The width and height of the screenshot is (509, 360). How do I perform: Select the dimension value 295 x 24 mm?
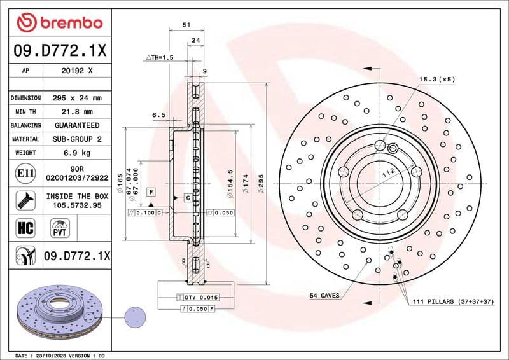pos(76,99)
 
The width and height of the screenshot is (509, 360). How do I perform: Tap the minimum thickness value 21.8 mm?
pos(76,112)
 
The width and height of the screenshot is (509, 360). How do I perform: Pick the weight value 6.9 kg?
pos(76,153)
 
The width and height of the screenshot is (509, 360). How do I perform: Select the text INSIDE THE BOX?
pos(76,197)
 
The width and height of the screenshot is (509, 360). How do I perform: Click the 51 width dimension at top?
pos(186,25)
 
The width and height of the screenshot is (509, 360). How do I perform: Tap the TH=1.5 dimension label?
pos(160,57)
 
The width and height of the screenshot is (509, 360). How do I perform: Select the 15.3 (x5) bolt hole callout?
pos(437,79)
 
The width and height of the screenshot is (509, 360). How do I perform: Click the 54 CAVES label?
pos(324,296)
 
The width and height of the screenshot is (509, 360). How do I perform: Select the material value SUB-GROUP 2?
pos(76,139)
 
